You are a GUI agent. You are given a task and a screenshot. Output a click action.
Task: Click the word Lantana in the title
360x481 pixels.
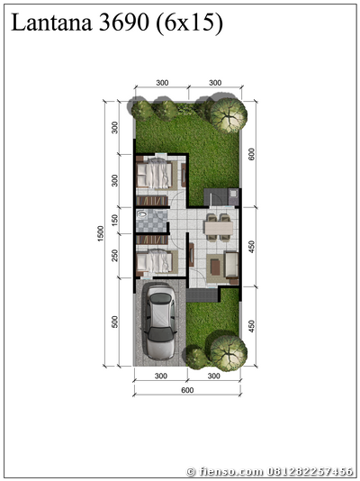(51, 23)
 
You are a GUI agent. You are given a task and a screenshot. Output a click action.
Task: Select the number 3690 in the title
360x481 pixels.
(124, 23)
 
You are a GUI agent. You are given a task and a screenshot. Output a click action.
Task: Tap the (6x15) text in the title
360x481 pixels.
(189, 23)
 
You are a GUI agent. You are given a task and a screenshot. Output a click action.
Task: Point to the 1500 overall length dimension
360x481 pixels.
(101, 233)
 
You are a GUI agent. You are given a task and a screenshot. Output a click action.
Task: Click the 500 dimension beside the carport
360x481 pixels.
(114, 322)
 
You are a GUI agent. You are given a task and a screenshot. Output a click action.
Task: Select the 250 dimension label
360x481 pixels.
(114, 256)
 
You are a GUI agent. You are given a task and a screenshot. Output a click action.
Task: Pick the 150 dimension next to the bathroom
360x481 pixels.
(114, 220)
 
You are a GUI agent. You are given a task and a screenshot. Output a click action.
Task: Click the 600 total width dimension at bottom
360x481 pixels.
(187, 390)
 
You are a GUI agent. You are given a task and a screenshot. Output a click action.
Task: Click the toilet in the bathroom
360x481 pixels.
(142, 213)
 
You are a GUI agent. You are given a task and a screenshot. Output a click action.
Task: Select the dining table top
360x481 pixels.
(219, 228)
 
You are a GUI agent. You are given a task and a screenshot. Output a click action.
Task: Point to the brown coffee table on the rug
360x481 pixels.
(215, 267)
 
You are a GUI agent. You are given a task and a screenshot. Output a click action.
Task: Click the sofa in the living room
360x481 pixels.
(231, 265)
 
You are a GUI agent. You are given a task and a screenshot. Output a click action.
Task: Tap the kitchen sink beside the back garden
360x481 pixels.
(233, 193)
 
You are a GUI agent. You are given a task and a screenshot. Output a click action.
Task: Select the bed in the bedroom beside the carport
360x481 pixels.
(154, 262)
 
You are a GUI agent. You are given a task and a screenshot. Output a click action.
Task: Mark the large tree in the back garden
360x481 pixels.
(229, 114)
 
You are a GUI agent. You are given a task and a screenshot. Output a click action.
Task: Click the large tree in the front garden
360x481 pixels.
(229, 353)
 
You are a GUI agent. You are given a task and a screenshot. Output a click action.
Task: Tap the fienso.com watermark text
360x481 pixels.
(232, 471)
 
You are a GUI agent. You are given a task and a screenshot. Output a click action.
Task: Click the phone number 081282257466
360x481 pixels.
(310, 471)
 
